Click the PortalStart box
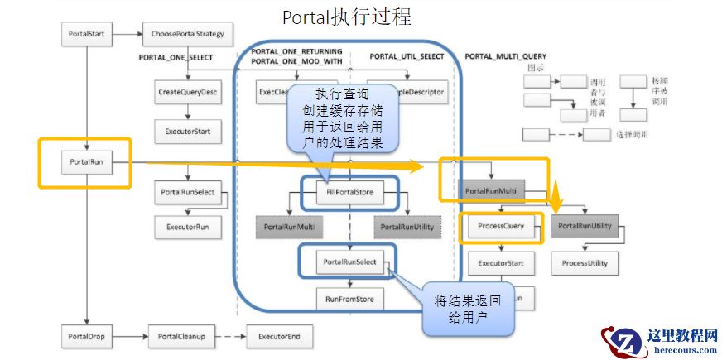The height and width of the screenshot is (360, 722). [x=86, y=35]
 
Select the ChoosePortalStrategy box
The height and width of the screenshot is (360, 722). [x=188, y=35]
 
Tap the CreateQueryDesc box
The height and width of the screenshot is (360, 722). [x=188, y=92]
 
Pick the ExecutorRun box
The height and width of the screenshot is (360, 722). [x=188, y=226]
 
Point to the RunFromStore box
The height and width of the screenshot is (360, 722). [x=350, y=298]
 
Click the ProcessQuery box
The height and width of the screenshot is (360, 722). [x=502, y=226]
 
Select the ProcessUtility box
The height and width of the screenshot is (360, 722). [x=585, y=263]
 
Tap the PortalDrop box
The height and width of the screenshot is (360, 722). [x=86, y=337]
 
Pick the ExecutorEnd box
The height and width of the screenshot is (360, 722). [x=279, y=337]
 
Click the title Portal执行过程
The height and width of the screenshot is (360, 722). [x=347, y=17]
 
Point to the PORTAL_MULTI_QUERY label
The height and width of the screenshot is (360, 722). [x=506, y=57]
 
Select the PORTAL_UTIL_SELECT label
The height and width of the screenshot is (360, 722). [x=407, y=57]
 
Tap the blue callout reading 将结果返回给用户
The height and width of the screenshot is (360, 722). [x=469, y=310]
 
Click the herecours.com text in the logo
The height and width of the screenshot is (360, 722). [x=683, y=350]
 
